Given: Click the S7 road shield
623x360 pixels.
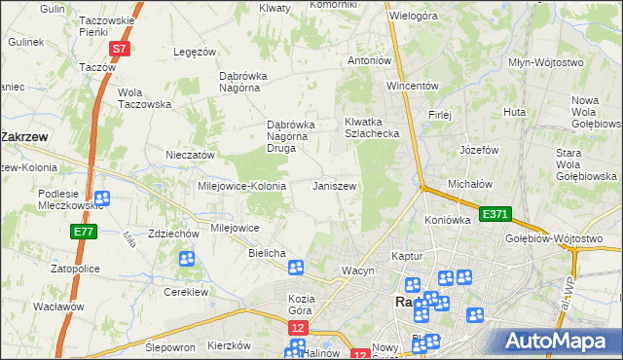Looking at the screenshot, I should point(119,48).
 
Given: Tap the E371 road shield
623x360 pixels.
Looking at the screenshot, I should point(494,214).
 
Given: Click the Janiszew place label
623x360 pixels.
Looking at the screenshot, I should point(334,186).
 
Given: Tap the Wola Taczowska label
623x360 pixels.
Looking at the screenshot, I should point(144,98).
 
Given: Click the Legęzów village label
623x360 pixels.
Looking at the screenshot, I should point(193,52).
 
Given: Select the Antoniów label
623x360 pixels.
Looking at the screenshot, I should point(370,60).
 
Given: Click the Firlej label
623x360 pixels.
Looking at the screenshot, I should point(440,115).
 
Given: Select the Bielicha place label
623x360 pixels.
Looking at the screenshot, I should point(267,253).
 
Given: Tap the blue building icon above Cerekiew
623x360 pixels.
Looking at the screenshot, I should point(187,259).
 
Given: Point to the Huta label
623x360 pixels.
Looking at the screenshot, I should point(515,113).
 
